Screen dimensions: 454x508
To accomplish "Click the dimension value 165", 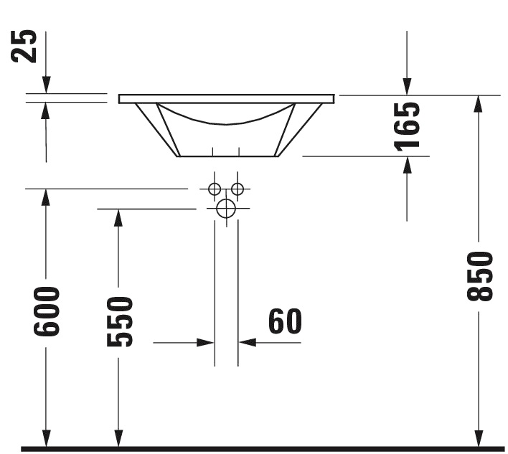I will coord(407,126).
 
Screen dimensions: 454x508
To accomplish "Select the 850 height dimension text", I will coord(479,275).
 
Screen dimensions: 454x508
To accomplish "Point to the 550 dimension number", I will coord(120,321).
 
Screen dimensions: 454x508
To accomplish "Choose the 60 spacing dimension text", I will coord(286,322).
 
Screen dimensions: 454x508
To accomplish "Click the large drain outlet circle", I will coord(226,209).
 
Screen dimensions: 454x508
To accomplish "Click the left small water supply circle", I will coord(214,189).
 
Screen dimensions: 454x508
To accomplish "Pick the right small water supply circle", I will coord(237,189).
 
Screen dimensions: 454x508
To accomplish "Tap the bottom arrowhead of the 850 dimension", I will coord(479,438).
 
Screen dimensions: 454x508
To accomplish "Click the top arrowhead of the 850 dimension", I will coord(479,103).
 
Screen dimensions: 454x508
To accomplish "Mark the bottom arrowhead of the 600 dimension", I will coord(46,438).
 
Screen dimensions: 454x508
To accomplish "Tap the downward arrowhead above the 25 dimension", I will coord(46,85).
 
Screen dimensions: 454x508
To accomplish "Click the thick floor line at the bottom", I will coord(258,450).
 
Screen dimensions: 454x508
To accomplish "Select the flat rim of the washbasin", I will coord(227,99).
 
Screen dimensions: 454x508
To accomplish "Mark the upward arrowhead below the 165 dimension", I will coord(407,164).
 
